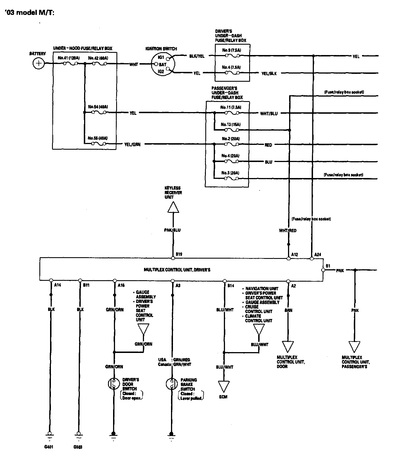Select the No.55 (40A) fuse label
98,138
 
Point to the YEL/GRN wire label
132,145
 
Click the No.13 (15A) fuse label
231,124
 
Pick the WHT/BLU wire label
269,113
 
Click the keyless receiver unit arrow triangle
173,208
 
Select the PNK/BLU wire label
172,230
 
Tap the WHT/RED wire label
288,231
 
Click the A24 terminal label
318,254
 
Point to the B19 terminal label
179,254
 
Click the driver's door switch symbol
114,384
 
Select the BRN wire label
288,310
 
